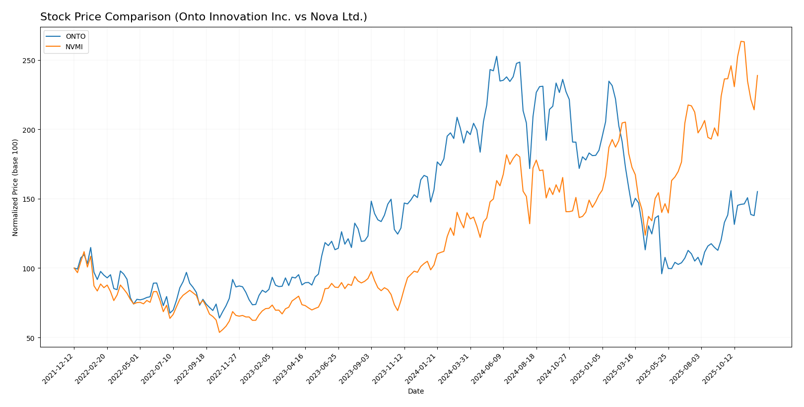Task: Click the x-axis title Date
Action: coord(415,392)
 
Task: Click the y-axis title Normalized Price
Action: coord(15,187)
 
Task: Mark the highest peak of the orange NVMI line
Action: coord(741,41)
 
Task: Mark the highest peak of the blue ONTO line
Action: coord(496,56)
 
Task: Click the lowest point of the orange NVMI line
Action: coord(219,332)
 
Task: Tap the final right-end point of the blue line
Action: coord(757,191)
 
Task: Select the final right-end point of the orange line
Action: coord(757,76)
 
